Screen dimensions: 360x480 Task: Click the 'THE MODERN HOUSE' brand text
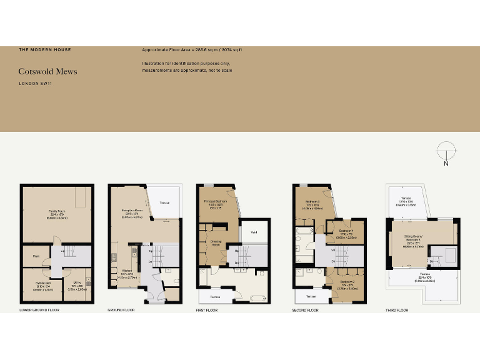[44, 49]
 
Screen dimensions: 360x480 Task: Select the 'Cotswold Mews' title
[47, 71]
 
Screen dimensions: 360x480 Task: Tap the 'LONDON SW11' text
[34, 84]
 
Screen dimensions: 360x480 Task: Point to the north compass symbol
[445, 152]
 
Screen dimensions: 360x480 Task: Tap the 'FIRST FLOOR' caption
[209, 310]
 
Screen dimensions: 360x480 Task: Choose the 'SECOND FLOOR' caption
[305, 310]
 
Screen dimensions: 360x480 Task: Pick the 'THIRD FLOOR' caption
[397, 310]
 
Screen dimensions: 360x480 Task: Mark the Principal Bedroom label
[214, 201]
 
